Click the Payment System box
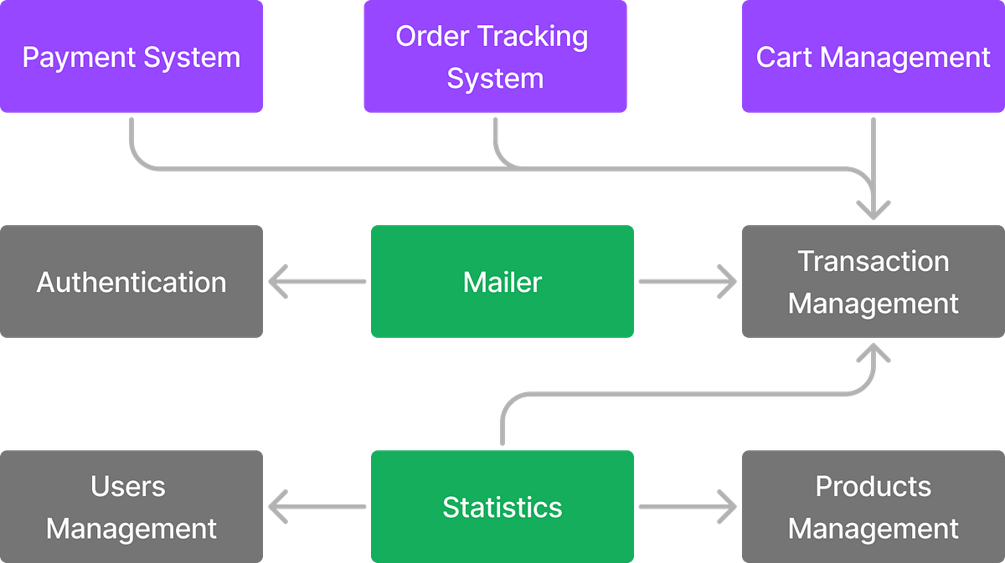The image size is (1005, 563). [131, 57]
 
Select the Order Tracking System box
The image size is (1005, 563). [494, 57]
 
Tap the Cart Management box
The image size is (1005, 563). [873, 57]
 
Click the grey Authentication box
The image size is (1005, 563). [131, 281]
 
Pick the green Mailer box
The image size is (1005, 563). [502, 281]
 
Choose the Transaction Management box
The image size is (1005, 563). [873, 281]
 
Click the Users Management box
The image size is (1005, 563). [131, 506]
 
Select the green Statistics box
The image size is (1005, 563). [502, 506]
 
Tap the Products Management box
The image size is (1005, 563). [873, 506]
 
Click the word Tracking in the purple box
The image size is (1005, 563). [540, 36]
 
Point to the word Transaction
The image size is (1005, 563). [873, 261]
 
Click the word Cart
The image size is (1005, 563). [786, 57]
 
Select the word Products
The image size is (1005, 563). [873, 486]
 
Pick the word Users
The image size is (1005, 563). [128, 486]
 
